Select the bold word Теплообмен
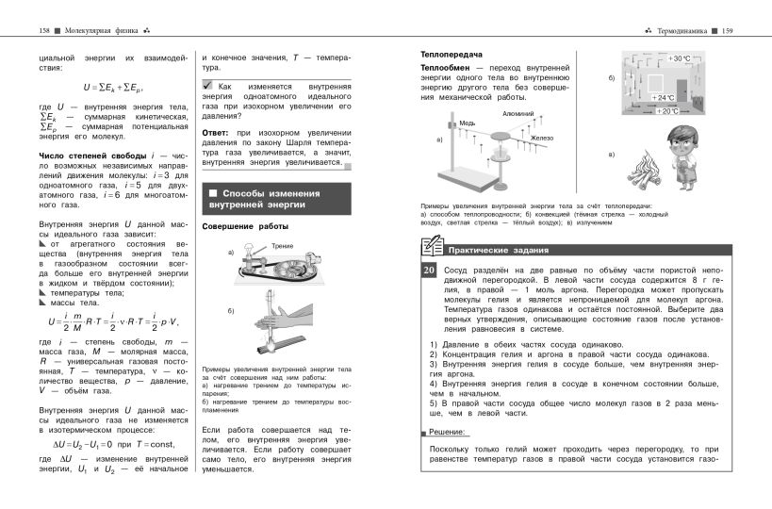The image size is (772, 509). pos(447,69)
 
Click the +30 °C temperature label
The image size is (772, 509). pos(679,58)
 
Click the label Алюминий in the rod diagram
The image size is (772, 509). pos(518,113)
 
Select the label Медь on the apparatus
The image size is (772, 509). pos(468,123)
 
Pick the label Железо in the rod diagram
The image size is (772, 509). pos(541,139)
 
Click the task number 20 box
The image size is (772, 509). pos(428,272)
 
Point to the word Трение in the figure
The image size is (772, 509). pos(282,246)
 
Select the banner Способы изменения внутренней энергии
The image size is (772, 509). pos(273,198)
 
